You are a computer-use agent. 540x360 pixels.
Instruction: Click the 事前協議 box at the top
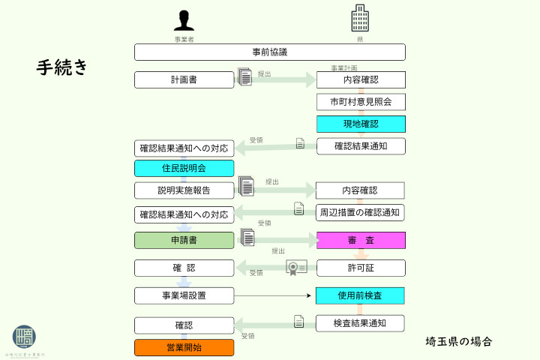[270, 52]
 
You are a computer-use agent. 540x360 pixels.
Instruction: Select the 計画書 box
[184, 79]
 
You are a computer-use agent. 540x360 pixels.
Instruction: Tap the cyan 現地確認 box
[361, 124]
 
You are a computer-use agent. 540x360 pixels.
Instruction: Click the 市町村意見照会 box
[361, 102]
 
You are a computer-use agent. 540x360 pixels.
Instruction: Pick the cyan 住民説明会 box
[184, 169]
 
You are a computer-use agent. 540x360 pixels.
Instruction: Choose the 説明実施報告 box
[184, 190]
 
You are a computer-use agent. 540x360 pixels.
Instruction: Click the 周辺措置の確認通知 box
[361, 212]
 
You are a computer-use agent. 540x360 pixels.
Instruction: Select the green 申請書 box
[184, 241]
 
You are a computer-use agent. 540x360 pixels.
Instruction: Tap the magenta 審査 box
[361, 241]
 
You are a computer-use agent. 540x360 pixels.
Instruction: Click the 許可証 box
[361, 268]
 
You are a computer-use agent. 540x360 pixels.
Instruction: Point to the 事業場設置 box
[184, 295]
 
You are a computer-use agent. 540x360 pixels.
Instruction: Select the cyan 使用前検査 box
[361, 295]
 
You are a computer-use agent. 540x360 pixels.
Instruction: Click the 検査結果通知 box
[361, 323]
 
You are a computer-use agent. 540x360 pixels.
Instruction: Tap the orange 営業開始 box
[184, 347]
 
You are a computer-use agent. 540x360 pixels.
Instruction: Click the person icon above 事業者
[184, 20]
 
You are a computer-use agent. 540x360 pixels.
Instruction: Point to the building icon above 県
[361, 18]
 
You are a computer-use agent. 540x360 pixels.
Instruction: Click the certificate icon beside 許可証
[296, 268]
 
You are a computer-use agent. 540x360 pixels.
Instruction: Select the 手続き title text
[62, 67]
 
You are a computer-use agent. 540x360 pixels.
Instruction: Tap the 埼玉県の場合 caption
[459, 342]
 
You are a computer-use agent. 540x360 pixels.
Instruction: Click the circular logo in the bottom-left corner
[25, 338]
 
